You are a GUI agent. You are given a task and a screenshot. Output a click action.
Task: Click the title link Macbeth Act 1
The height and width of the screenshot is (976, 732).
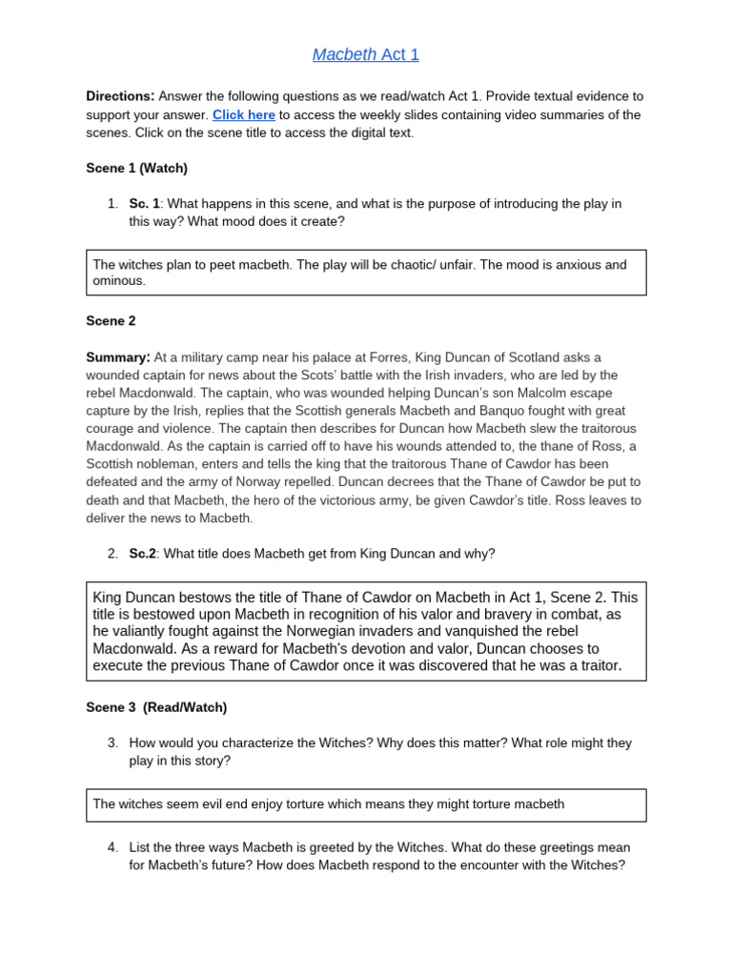(366, 54)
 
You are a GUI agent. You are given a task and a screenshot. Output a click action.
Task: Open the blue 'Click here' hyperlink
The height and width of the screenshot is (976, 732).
(244, 114)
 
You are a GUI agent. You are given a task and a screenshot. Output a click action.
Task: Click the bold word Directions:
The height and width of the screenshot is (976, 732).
(120, 96)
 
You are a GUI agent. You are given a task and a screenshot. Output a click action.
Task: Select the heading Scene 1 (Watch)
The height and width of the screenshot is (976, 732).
(136, 168)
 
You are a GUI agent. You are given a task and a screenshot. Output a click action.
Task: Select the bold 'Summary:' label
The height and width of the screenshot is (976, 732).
(118, 357)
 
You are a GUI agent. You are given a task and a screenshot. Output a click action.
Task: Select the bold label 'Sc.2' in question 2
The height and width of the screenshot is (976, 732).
(143, 554)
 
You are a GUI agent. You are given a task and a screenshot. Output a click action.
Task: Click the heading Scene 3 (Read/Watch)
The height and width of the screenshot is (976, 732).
(156, 707)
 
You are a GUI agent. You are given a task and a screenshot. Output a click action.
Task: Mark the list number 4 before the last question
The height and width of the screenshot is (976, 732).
(112, 847)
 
